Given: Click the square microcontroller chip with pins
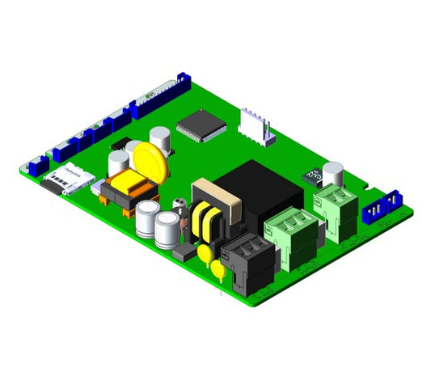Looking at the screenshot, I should (x=199, y=125).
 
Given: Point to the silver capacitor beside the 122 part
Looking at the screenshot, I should (x=332, y=172).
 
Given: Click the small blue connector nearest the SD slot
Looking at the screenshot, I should (x=37, y=167).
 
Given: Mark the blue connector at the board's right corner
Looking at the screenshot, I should (x=382, y=209).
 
